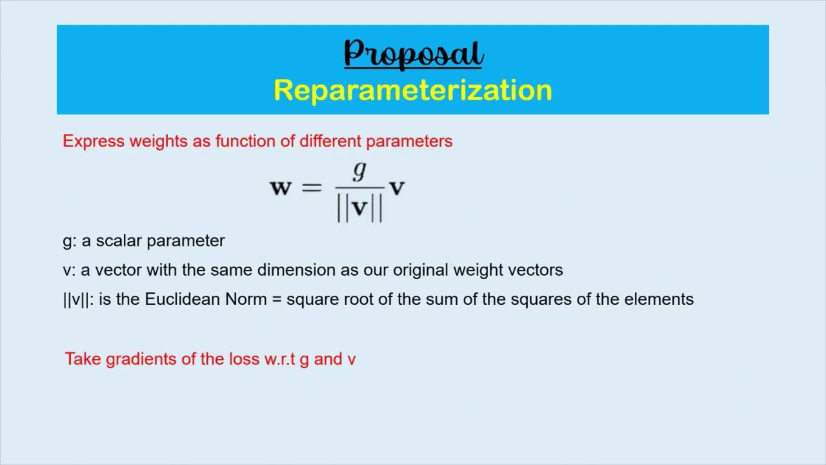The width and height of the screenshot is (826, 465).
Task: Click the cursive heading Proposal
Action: point(413,54)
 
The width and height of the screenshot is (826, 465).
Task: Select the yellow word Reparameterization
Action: point(413,90)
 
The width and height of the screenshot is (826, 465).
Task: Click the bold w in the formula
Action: point(281,188)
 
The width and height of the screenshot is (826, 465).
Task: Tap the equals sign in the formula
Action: point(311,188)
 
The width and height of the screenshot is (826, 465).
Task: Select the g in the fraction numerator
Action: point(359,171)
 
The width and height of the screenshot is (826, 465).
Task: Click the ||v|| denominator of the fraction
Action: point(359,208)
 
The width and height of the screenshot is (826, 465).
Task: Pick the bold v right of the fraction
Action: point(397,188)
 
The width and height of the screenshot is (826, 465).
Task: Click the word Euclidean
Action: point(183,300)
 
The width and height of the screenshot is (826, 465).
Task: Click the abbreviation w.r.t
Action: point(280,360)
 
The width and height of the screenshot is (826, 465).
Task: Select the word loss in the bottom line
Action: point(245,360)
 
